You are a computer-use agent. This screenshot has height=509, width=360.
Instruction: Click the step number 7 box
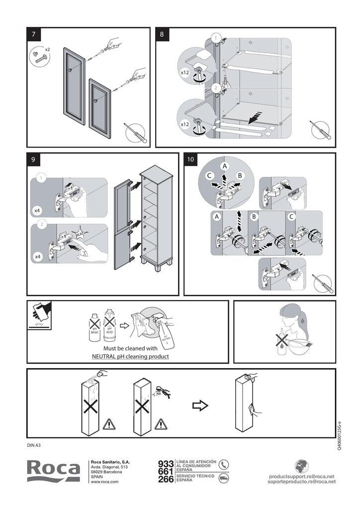(x=33, y=34)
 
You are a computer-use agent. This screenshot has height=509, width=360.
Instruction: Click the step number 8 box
(x=162, y=34)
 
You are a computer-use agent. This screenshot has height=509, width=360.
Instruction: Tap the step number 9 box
(x=33, y=160)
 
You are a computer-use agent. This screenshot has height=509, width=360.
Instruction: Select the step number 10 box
(x=190, y=160)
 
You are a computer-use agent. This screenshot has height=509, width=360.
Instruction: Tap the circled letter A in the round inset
(x=225, y=166)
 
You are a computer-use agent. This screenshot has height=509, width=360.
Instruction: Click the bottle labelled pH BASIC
(x=93, y=326)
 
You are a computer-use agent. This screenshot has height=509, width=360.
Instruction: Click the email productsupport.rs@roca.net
(x=302, y=476)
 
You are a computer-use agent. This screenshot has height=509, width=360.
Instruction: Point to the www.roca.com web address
(x=104, y=481)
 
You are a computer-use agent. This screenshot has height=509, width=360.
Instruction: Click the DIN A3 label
(x=34, y=445)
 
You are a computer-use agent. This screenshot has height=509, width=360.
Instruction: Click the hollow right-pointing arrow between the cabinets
(x=200, y=406)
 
